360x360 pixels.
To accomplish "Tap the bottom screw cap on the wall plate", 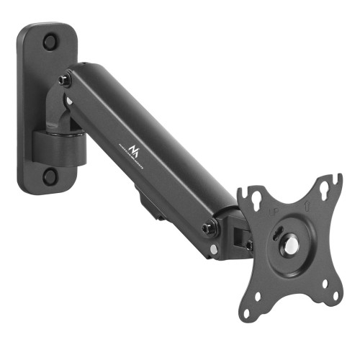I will [x=50, y=175].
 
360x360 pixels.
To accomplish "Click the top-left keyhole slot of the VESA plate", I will [x=253, y=194].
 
